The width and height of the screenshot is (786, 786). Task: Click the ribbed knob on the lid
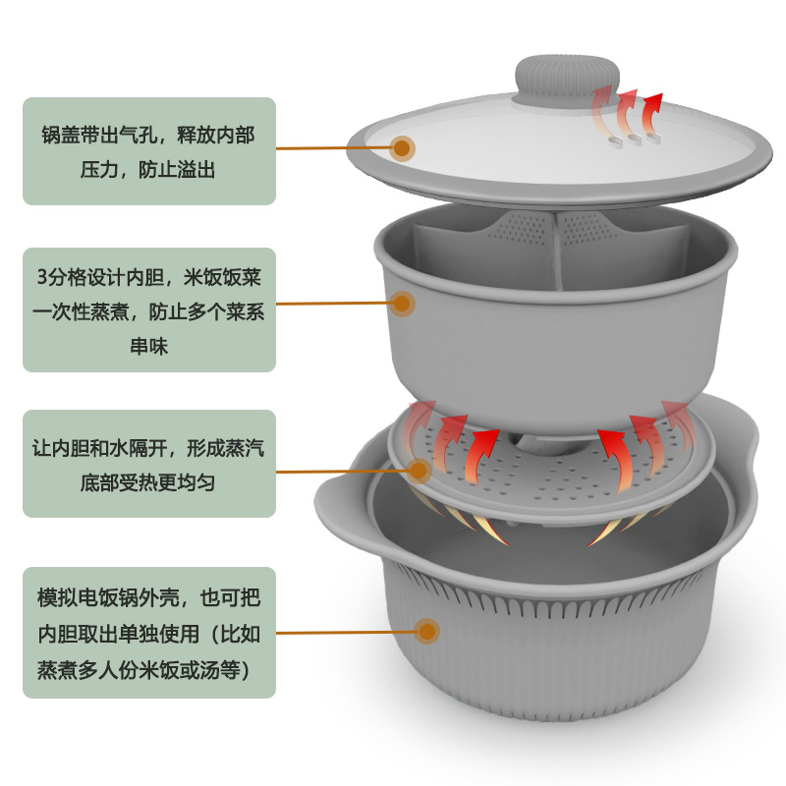pyautogui.click(x=557, y=78)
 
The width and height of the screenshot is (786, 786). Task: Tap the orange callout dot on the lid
pyautogui.click(x=403, y=149)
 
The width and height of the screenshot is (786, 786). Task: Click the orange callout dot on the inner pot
pyautogui.click(x=403, y=304)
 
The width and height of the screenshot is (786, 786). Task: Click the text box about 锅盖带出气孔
pyautogui.click(x=148, y=150)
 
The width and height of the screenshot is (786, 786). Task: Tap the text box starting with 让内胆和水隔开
pyautogui.click(x=148, y=464)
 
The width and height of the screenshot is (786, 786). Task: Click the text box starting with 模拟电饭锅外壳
pyautogui.click(x=148, y=631)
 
